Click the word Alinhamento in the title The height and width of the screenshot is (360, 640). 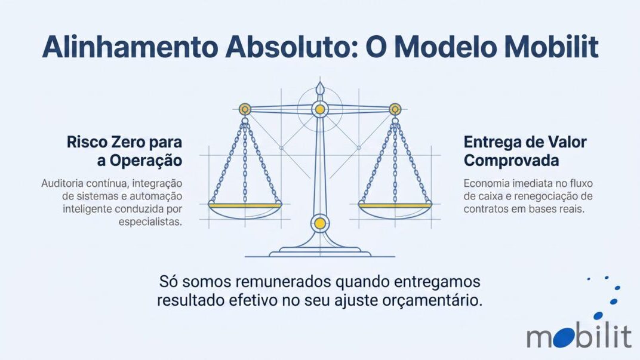130,47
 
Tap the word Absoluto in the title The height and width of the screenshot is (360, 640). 291,47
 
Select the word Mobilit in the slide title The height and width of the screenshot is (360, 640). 551,47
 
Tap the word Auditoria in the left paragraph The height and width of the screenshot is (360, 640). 62,184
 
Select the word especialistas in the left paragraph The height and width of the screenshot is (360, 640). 150,222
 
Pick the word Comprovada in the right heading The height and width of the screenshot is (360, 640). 511,161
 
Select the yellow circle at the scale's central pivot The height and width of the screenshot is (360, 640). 320,109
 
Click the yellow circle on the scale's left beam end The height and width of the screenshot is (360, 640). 245,109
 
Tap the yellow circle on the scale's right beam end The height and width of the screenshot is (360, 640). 395,109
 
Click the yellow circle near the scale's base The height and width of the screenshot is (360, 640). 320,223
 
